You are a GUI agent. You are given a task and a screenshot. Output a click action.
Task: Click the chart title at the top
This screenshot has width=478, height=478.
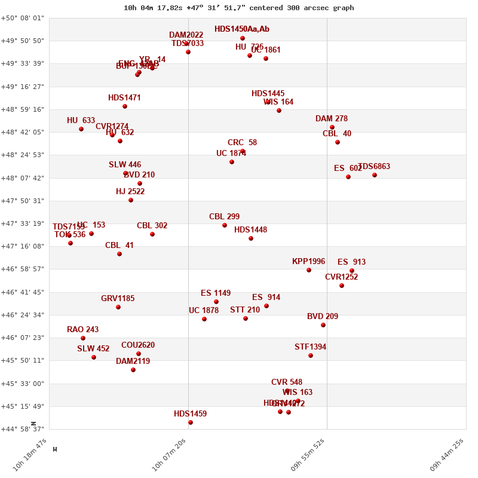(x=238, y=8)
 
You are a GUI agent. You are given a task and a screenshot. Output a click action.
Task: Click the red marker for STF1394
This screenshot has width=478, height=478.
(x=311, y=356)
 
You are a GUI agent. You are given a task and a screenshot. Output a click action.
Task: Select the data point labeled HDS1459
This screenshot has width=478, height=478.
(x=191, y=422)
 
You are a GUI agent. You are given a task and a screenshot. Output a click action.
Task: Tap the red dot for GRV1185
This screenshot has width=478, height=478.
(x=118, y=307)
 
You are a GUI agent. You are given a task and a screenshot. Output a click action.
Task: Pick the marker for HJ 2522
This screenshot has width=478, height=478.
(x=131, y=200)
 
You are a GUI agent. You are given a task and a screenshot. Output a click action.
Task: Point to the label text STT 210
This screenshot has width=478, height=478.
(x=245, y=310)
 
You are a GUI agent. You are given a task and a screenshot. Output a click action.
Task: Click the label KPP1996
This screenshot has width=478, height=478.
(x=308, y=261)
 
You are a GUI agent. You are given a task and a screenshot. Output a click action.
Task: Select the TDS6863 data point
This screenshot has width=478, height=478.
(x=375, y=175)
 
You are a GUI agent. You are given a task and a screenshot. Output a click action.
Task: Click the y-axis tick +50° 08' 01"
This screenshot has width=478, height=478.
(x=22, y=18)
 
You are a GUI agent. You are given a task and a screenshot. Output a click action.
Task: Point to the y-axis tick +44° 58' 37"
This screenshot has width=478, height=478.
(x=22, y=429)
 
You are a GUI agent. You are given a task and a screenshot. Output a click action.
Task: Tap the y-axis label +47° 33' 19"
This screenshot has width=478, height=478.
(x=22, y=223)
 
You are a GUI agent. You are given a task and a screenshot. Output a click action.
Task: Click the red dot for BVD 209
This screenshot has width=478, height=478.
(x=323, y=325)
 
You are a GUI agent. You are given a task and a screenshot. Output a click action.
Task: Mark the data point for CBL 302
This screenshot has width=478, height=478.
(x=152, y=234)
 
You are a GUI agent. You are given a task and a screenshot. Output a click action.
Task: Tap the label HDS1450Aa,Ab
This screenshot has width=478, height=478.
(x=242, y=29)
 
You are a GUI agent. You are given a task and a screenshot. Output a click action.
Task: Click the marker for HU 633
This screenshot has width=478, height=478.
(x=81, y=129)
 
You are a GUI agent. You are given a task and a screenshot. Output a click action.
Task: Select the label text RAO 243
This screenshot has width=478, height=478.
(x=82, y=329)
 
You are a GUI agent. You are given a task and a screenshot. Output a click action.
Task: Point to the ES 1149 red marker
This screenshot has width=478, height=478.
(x=216, y=302)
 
